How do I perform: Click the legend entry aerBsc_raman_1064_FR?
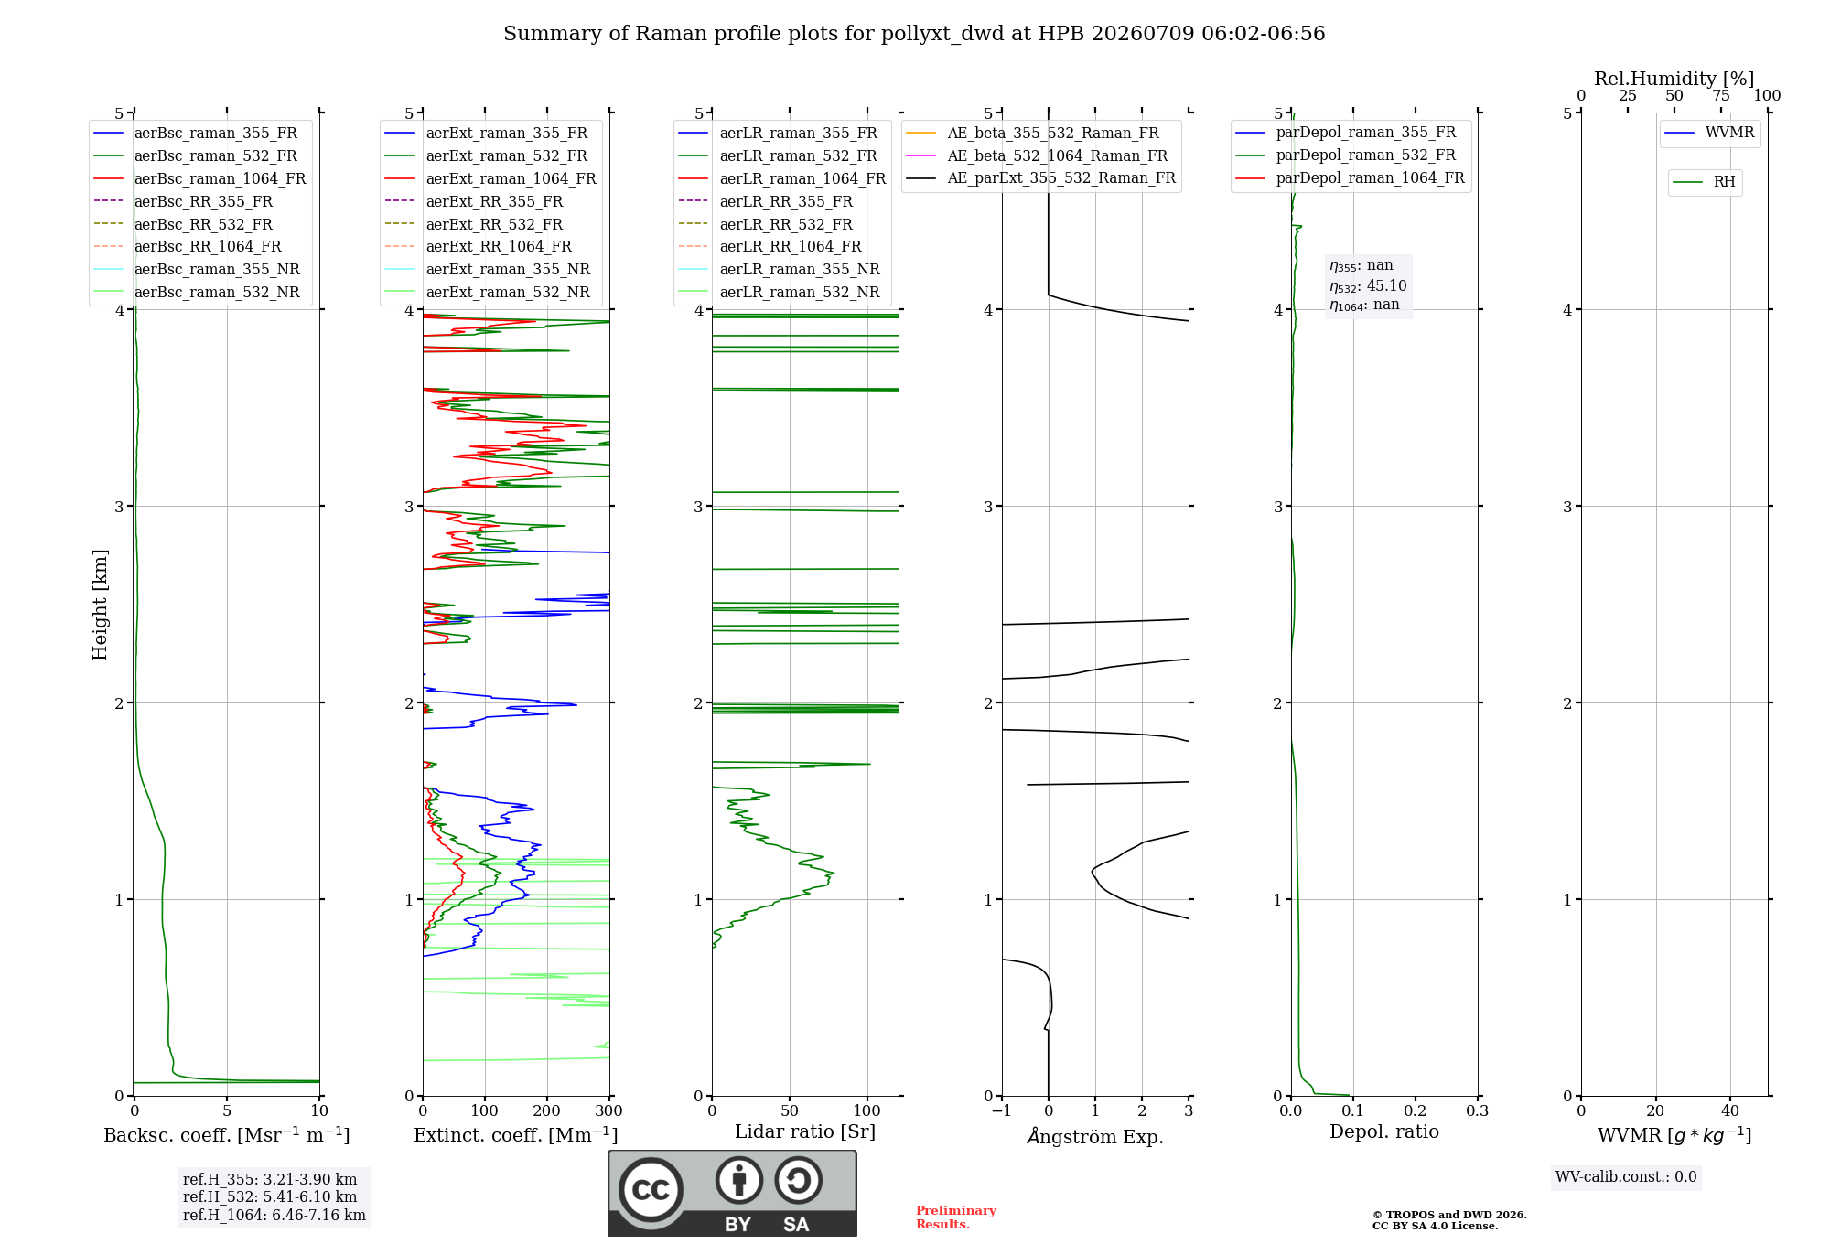pos(199,178)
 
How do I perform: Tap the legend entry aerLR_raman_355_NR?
pos(779,269)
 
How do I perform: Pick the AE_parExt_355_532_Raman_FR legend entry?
pos(1040,177)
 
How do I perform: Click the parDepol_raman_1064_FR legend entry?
pos(1350,177)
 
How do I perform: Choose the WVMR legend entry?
pos(1709,133)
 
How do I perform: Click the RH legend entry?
pos(1704,182)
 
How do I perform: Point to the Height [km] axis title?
pos(100,605)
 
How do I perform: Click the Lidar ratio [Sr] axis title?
pos(805,1131)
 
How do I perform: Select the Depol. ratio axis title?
pos(1384,1131)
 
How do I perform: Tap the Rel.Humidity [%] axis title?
pos(1674,79)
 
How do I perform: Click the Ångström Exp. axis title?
pos(1095,1136)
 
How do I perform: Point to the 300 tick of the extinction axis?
pos(609,1110)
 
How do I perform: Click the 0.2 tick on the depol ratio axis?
pos(1416,1110)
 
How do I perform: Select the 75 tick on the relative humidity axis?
pos(1721,96)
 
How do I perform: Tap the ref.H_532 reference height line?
pos(270,1196)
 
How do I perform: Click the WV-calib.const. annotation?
pos(1626,1177)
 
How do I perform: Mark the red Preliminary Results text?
pos(956,1217)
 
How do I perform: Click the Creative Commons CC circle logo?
pos(651,1190)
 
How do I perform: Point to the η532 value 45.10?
pos(1386,286)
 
